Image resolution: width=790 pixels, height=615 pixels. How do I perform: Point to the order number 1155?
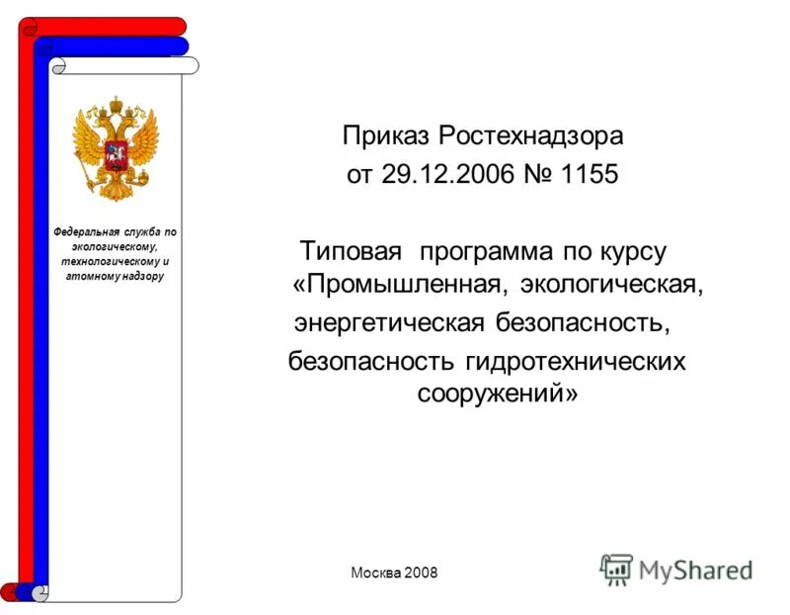point(589,175)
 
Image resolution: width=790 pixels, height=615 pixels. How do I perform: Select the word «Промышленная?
point(401,286)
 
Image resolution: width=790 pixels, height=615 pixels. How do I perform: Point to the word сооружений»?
point(497,394)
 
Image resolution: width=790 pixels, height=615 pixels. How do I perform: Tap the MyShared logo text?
point(695,571)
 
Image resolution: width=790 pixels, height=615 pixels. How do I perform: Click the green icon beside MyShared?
point(616,570)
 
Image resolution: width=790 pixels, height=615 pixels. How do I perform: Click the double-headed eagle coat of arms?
point(116,147)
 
